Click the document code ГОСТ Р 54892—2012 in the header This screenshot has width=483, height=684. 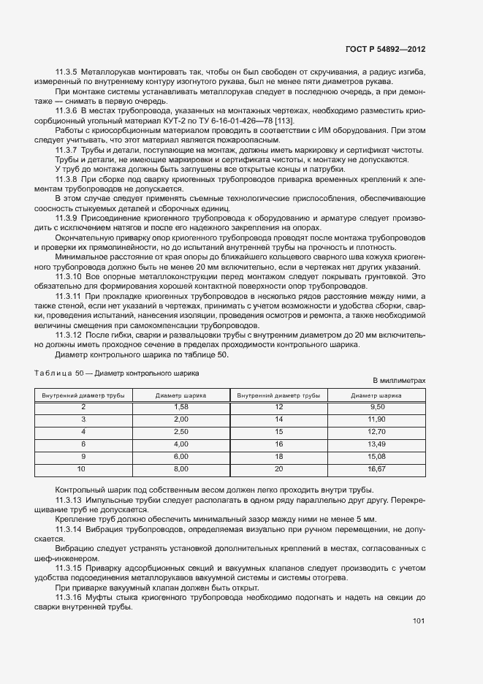[x=385, y=49]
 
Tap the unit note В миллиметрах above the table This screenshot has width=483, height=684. [x=399, y=381]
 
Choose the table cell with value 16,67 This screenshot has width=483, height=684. [x=377, y=468]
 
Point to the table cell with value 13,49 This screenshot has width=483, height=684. [x=377, y=443]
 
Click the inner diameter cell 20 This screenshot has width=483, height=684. [x=278, y=468]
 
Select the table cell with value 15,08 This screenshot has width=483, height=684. [x=377, y=455]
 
